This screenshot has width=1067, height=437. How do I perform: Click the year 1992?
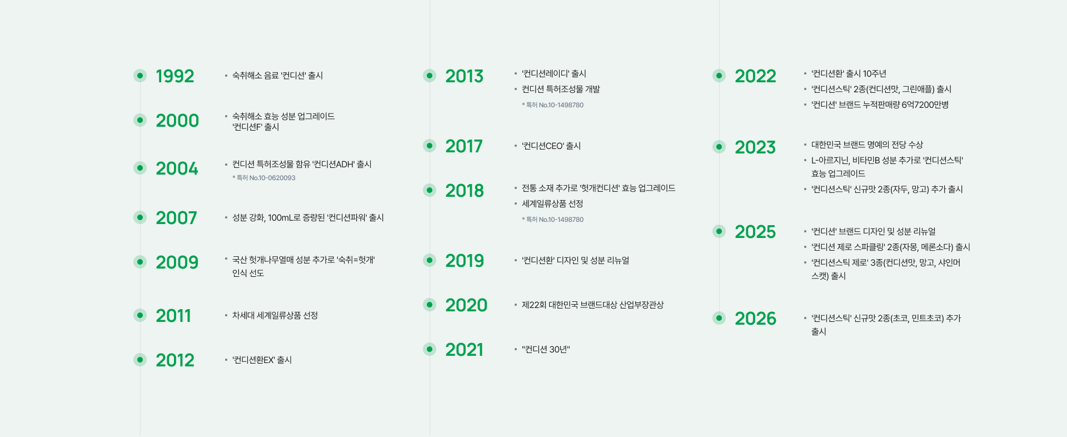[174, 76]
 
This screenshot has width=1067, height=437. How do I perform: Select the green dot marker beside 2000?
[140, 120]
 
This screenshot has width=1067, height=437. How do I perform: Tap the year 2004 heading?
[177, 168]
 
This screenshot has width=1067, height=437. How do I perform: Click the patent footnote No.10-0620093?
[264, 178]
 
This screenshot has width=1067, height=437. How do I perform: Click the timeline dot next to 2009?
[140, 262]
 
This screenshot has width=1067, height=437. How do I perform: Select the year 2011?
[173, 316]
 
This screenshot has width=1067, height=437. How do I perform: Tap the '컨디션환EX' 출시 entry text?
[262, 360]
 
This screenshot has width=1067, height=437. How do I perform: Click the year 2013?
[464, 76]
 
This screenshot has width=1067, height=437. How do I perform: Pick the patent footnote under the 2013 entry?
[552, 105]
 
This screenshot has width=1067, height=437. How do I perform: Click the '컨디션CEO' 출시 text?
[551, 146]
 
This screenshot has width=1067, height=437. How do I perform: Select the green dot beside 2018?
[430, 190]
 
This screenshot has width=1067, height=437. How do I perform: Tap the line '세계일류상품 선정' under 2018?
[552, 204]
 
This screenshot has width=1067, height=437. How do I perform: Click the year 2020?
[466, 305]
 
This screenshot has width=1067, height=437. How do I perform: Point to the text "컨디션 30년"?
[546, 350]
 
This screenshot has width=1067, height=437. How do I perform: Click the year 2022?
[755, 76]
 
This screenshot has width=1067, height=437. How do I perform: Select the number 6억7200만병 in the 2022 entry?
[925, 105]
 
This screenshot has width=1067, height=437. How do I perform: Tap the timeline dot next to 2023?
[719, 147]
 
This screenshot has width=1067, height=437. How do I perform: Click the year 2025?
[755, 232]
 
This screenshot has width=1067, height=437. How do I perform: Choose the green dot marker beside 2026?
[719, 318]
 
